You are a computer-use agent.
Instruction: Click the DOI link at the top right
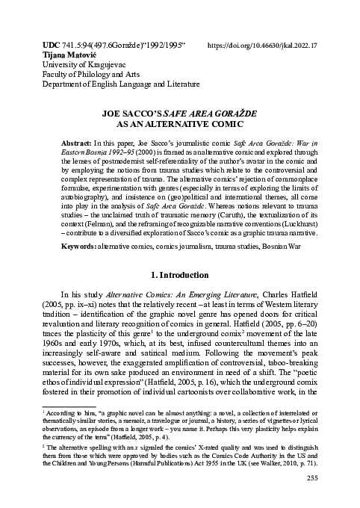(x=261, y=45)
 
